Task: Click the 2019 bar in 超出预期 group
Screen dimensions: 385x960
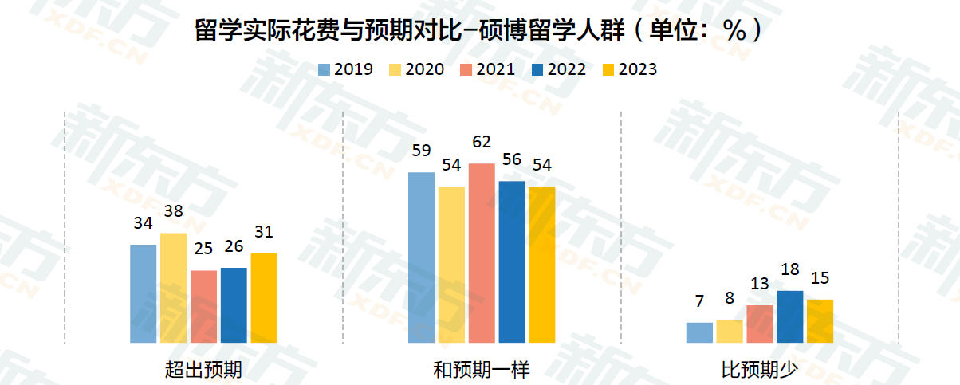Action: coord(144,293)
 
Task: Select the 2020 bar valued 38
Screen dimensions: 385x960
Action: coord(173,288)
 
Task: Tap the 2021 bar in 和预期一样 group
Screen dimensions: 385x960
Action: coord(482,253)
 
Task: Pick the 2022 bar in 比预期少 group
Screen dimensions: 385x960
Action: coord(789,316)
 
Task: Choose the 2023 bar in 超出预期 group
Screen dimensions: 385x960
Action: coord(264,298)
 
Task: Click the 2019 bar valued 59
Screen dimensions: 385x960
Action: coord(422,257)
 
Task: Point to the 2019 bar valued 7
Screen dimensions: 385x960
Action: coord(699,332)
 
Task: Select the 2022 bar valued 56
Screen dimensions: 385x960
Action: coord(512,261)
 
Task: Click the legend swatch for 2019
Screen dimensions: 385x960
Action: coord(324,70)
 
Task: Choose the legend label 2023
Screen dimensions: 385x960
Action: coord(638,70)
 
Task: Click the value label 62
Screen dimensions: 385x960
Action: coord(482,143)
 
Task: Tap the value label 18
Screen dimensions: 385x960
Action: coord(790,270)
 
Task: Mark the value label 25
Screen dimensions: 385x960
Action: coord(203,249)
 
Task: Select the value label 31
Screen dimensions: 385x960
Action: coord(264,233)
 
